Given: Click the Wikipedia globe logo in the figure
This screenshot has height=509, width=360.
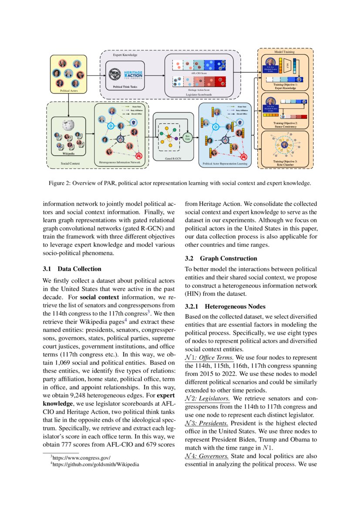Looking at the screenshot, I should pos(68,126).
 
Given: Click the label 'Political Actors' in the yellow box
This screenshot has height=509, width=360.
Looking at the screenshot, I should pos(68,91).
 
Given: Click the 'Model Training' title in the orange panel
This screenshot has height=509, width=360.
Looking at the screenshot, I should pos(283,52).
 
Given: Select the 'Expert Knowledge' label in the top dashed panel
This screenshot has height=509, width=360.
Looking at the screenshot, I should pos(125,56).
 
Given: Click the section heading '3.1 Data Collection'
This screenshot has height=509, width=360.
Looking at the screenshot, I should pos(72,269).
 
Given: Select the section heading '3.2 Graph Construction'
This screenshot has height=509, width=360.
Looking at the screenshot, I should pos(221,258).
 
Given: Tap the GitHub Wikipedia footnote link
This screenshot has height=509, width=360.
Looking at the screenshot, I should pos(96,465).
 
